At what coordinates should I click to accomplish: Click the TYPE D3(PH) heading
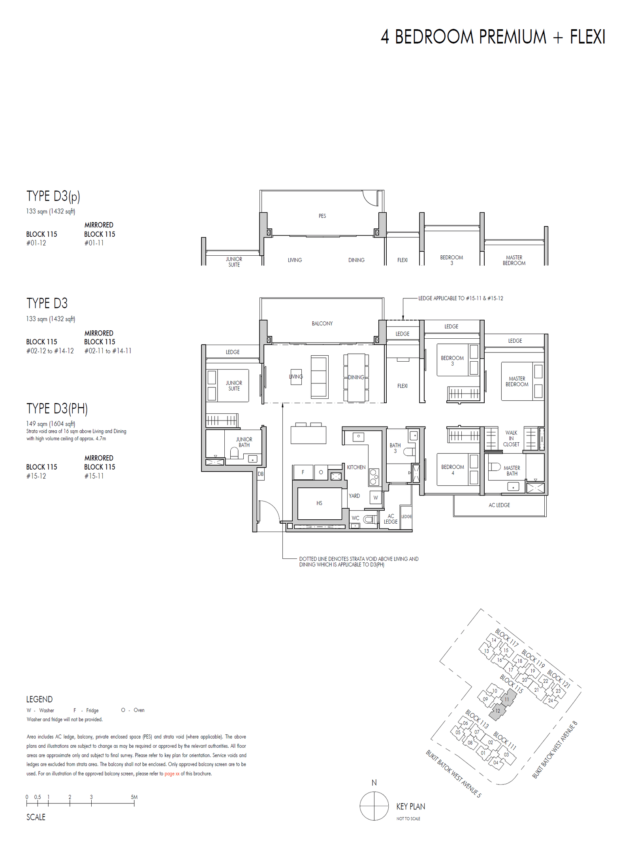[57, 408]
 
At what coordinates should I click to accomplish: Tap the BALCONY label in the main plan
[322, 323]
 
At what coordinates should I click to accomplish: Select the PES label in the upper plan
[322, 216]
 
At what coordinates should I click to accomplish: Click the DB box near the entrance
[260, 474]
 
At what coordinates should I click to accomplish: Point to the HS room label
[319, 503]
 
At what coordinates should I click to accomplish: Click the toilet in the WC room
[370, 519]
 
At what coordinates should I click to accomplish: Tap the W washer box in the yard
[375, 498]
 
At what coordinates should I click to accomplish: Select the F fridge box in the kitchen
[303, 472]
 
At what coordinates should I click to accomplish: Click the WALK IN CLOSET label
[511, 438]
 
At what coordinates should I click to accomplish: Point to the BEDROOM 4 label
[453, 470]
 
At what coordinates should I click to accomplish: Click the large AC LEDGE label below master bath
[499, 505]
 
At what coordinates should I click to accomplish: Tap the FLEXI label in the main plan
[402, 386]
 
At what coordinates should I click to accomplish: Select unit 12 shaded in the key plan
[497, 711]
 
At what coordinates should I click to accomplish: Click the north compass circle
[374, 806]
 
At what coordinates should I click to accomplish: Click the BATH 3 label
[395, 448]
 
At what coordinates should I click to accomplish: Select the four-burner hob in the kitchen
[374, 477]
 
